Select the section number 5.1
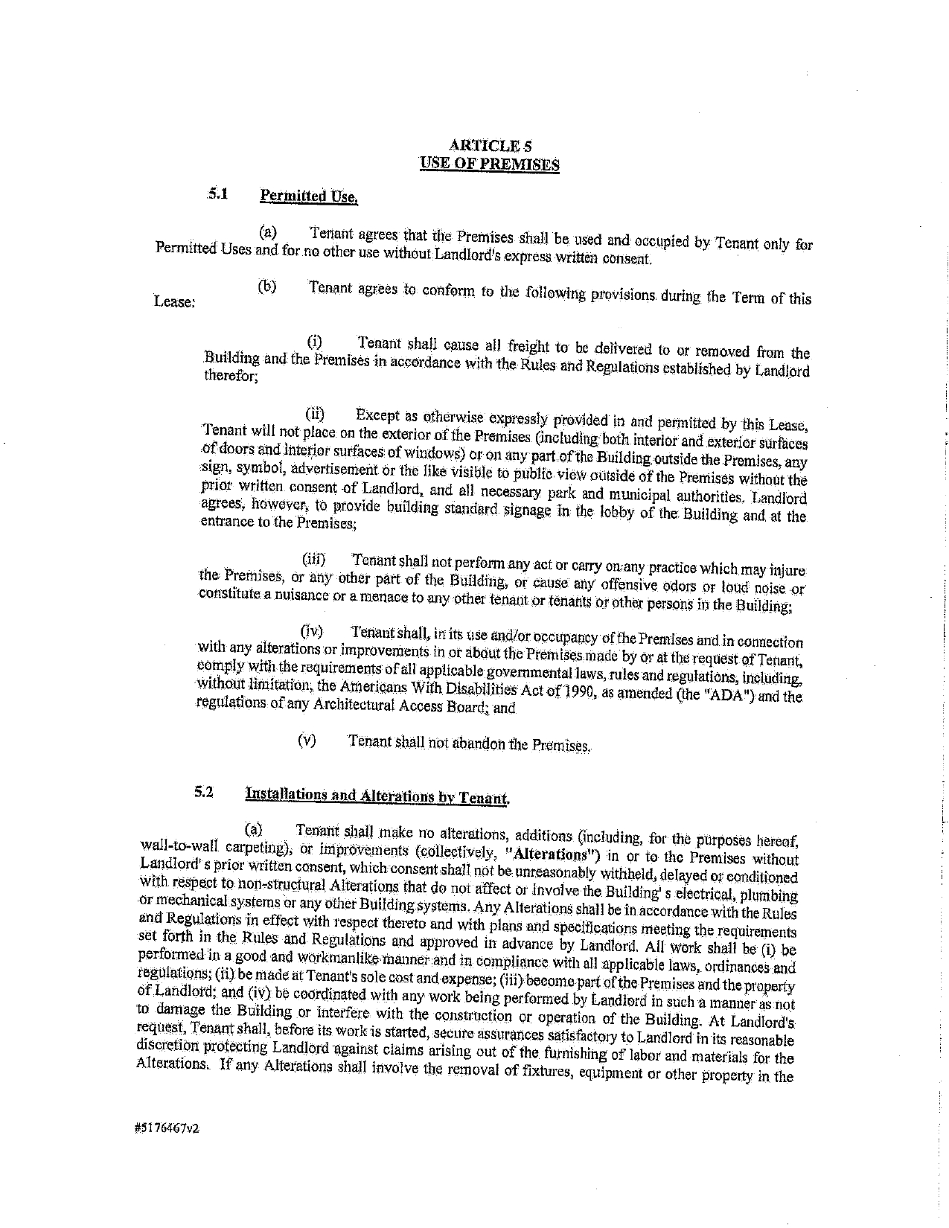217,194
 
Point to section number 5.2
204,792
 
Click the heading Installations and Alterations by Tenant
377,796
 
